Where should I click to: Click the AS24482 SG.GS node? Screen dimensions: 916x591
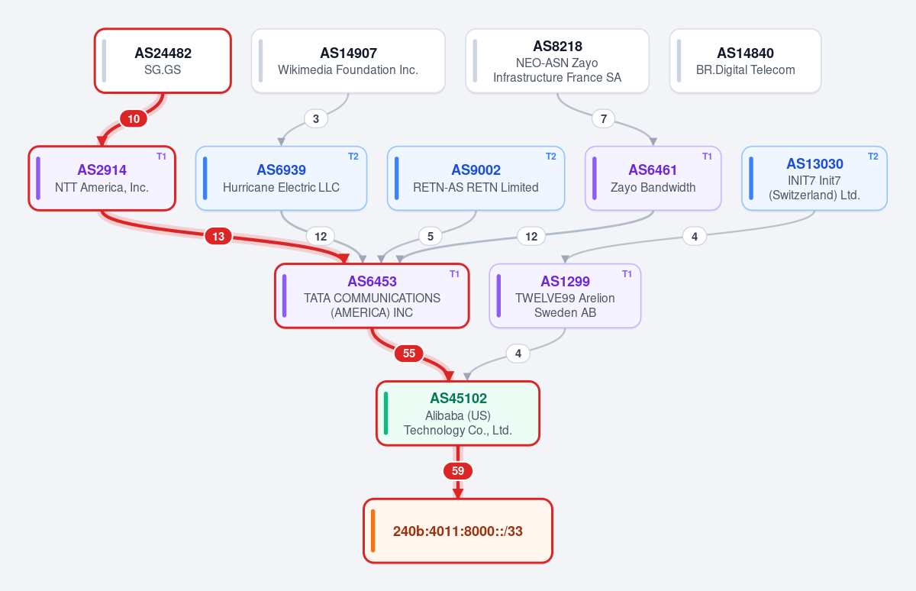click(x=163, y=61)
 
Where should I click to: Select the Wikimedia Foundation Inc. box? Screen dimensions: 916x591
click(x=348, y=61)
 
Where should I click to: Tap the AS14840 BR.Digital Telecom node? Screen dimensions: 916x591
click(x=745, y=61)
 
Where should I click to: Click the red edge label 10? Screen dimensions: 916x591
click(x=134, y=119)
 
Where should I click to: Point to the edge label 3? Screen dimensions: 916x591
click(x=316, y=119)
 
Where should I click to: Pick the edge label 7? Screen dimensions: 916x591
click(x=604, y=119)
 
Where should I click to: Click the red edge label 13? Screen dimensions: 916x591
click(x=218, y=237)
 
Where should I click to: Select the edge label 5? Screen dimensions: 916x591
click(x=431, y=237)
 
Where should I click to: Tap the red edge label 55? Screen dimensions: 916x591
click(x=409, y=354)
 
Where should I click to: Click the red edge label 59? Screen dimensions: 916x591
click(x=458, y=471)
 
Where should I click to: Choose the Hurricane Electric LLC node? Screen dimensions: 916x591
click(x=282, y=179)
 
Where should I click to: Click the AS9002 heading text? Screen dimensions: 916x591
click(x=476, y=170)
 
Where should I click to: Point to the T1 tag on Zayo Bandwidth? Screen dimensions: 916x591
click(x=707, y=157)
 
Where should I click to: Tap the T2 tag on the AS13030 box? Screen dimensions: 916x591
click(x=873, y=157)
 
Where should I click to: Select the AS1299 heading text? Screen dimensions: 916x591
click(x=565, y=282)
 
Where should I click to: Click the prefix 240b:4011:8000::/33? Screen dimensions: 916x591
click(x=458, y=531)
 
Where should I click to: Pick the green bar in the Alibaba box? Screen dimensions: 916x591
click(x=385, y=413)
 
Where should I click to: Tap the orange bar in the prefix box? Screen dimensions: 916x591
click(x=373, y=531)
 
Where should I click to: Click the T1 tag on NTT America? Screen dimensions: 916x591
click(x=162, y=157)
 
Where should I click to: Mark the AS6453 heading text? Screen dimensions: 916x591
click(x=373, y=282)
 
